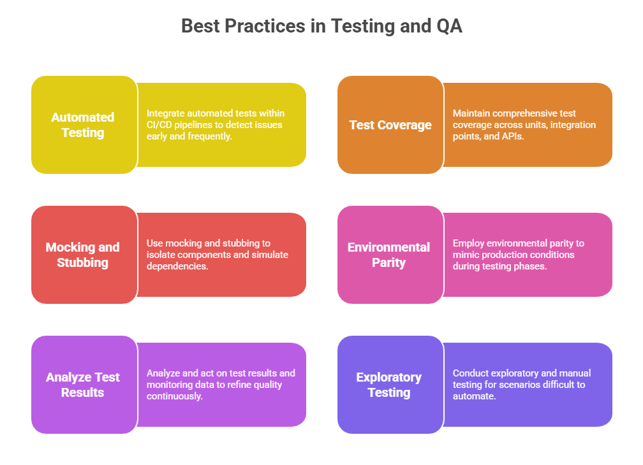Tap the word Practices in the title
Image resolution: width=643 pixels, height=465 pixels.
tap(265, 25)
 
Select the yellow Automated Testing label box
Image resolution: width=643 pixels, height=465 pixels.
tap(84, 124)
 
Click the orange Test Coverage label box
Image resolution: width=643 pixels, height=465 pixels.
tap(390, 124)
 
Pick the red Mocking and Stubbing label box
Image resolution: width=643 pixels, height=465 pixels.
tap(84, 255)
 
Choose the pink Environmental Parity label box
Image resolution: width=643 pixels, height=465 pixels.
tap(390, 255)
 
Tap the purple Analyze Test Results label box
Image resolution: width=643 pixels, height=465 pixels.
tap(84, 384)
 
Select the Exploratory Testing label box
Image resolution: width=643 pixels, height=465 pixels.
tap(390, 384)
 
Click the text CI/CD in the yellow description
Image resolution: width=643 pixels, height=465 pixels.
tap(159, 125)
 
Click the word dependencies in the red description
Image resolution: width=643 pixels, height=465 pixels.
tap(177, 266)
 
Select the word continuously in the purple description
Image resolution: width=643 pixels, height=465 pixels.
tap(175, 396)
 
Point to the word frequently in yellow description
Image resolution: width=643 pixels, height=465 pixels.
tap(209, 136)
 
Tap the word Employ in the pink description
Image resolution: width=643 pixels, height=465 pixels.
tap(468, 243)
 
